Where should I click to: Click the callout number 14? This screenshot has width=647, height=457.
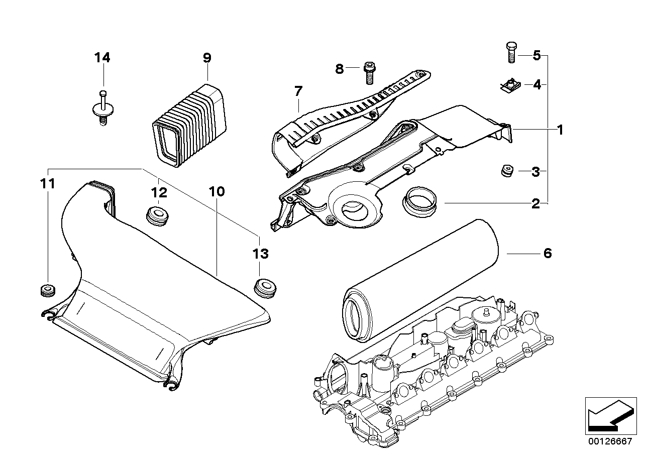point(102,58)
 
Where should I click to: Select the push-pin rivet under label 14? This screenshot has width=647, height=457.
point(102,108)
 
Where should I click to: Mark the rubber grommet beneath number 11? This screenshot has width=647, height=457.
point(48,290)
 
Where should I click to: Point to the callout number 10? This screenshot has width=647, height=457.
point(217,191)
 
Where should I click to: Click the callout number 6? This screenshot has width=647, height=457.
point(547,253)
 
